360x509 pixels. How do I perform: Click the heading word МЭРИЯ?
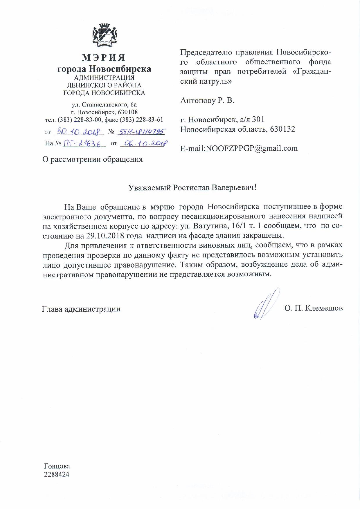tap(104, 57)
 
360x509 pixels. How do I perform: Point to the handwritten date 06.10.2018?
tap(144, 143)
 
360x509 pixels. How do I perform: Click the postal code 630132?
tap(282, 129)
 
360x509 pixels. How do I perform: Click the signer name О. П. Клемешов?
tap(314, 308)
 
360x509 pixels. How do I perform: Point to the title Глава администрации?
tap(81, 309)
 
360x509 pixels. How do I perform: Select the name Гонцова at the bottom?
tap(57, 466)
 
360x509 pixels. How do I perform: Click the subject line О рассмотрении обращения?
tap(92, 159)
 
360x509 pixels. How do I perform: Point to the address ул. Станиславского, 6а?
tap(104, 104)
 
